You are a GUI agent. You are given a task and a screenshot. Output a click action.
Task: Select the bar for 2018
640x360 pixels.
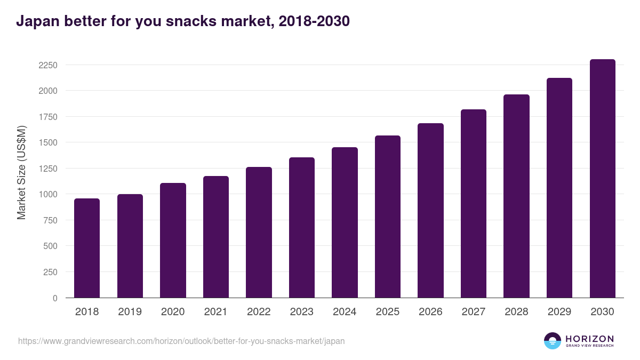[x=87, y=248]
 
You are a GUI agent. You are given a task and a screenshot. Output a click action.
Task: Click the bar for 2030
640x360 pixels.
[x=602, y=179]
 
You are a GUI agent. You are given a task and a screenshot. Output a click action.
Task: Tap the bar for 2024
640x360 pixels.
[x=345, y=222]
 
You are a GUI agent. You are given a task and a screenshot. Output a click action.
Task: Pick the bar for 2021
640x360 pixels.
[x=215, y=237]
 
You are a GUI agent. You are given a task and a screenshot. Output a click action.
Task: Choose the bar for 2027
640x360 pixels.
[x=474, y=204]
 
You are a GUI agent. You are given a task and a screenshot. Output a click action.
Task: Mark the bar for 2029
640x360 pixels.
[x=559, y=188]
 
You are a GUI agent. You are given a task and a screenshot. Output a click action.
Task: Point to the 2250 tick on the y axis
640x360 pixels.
[x=48, y=65]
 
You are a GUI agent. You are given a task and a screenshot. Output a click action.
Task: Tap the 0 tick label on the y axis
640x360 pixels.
[x=54, y=298]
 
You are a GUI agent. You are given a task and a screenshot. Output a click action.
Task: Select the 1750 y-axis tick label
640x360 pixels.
[x=48, y=117]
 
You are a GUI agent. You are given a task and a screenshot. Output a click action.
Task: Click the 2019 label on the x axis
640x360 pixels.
[x=130, y=312]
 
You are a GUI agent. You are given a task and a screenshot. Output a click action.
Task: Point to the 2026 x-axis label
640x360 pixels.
[x=430, y=312]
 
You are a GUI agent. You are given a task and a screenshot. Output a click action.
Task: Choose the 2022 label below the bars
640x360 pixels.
[x=259, y=312]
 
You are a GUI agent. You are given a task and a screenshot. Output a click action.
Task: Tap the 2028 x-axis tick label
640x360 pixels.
[x=516, y=312]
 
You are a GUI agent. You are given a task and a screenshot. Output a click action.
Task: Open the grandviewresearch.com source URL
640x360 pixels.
[x=181, y=341]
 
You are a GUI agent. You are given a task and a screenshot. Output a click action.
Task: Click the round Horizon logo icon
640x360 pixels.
[x=553, y=341]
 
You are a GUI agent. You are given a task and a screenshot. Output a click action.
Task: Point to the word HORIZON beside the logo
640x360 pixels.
[x=589, y=338]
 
